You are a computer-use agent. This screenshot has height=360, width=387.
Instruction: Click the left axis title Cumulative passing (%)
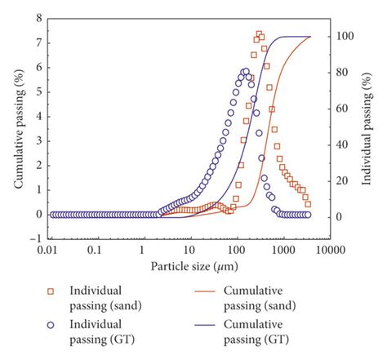pos(19,131)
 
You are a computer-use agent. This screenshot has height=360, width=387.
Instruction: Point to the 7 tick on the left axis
pos(38,38)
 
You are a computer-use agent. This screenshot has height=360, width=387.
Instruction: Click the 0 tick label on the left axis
pos(38,215)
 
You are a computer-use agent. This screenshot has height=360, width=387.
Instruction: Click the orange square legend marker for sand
pos(51,291)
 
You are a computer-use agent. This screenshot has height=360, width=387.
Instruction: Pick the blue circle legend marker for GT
pos(51,324)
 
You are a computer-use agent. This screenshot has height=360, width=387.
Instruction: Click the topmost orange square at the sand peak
pos(259,34)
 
